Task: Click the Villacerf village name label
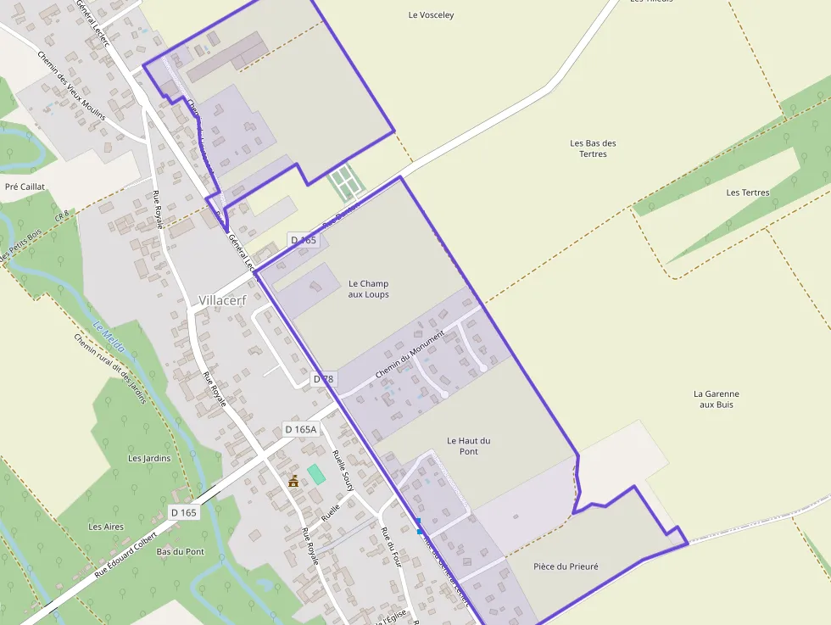(222, 300)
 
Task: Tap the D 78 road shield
(322, 379)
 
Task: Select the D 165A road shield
(301, 429)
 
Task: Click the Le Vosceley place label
(431, 14)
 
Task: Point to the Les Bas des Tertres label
(593, 148)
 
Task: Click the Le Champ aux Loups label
(368, 289)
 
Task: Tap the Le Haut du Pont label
(468, 446)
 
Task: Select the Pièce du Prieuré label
(566, 566)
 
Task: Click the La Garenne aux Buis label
(716, 399)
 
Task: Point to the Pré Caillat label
(25, 187)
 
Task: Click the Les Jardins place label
(149, 458)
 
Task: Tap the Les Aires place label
(106, 527)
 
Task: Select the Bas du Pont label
(181, 551)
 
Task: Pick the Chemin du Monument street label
(410, 354)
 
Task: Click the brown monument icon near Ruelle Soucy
(293, 482)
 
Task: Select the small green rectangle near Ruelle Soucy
(315, 474)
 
